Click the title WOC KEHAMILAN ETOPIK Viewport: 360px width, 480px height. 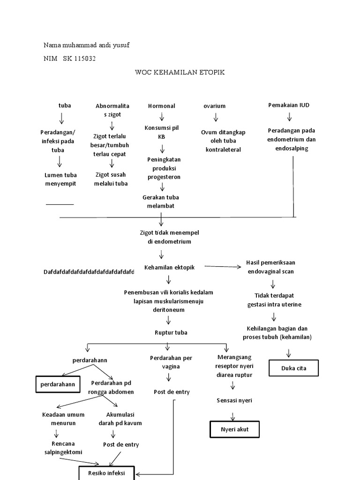point(180,72)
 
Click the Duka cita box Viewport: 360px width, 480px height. point(294,368)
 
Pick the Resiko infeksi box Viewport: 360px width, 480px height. point(107,473)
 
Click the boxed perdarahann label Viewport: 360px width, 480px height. point(57,384)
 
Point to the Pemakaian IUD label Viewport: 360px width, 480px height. point(289,105)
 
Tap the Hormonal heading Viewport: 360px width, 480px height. point(162,106)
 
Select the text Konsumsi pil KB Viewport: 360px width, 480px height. point(162,132)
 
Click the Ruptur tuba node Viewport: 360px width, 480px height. point(171,333)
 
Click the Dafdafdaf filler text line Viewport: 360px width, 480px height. point(89,272)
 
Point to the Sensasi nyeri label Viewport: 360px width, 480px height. point(234,400)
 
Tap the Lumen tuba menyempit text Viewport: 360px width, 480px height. point(60,179)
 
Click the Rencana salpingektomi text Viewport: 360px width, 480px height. point(60,448)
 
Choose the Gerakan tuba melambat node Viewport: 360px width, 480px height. point(161,202)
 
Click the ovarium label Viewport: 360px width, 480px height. point(214,106)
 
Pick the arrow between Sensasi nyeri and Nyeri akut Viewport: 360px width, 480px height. point(232,415)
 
